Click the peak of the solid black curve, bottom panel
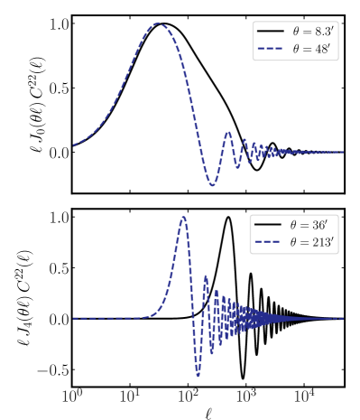[228, 217]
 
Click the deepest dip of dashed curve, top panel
[213, 184]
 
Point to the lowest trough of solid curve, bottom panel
[243, 378]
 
